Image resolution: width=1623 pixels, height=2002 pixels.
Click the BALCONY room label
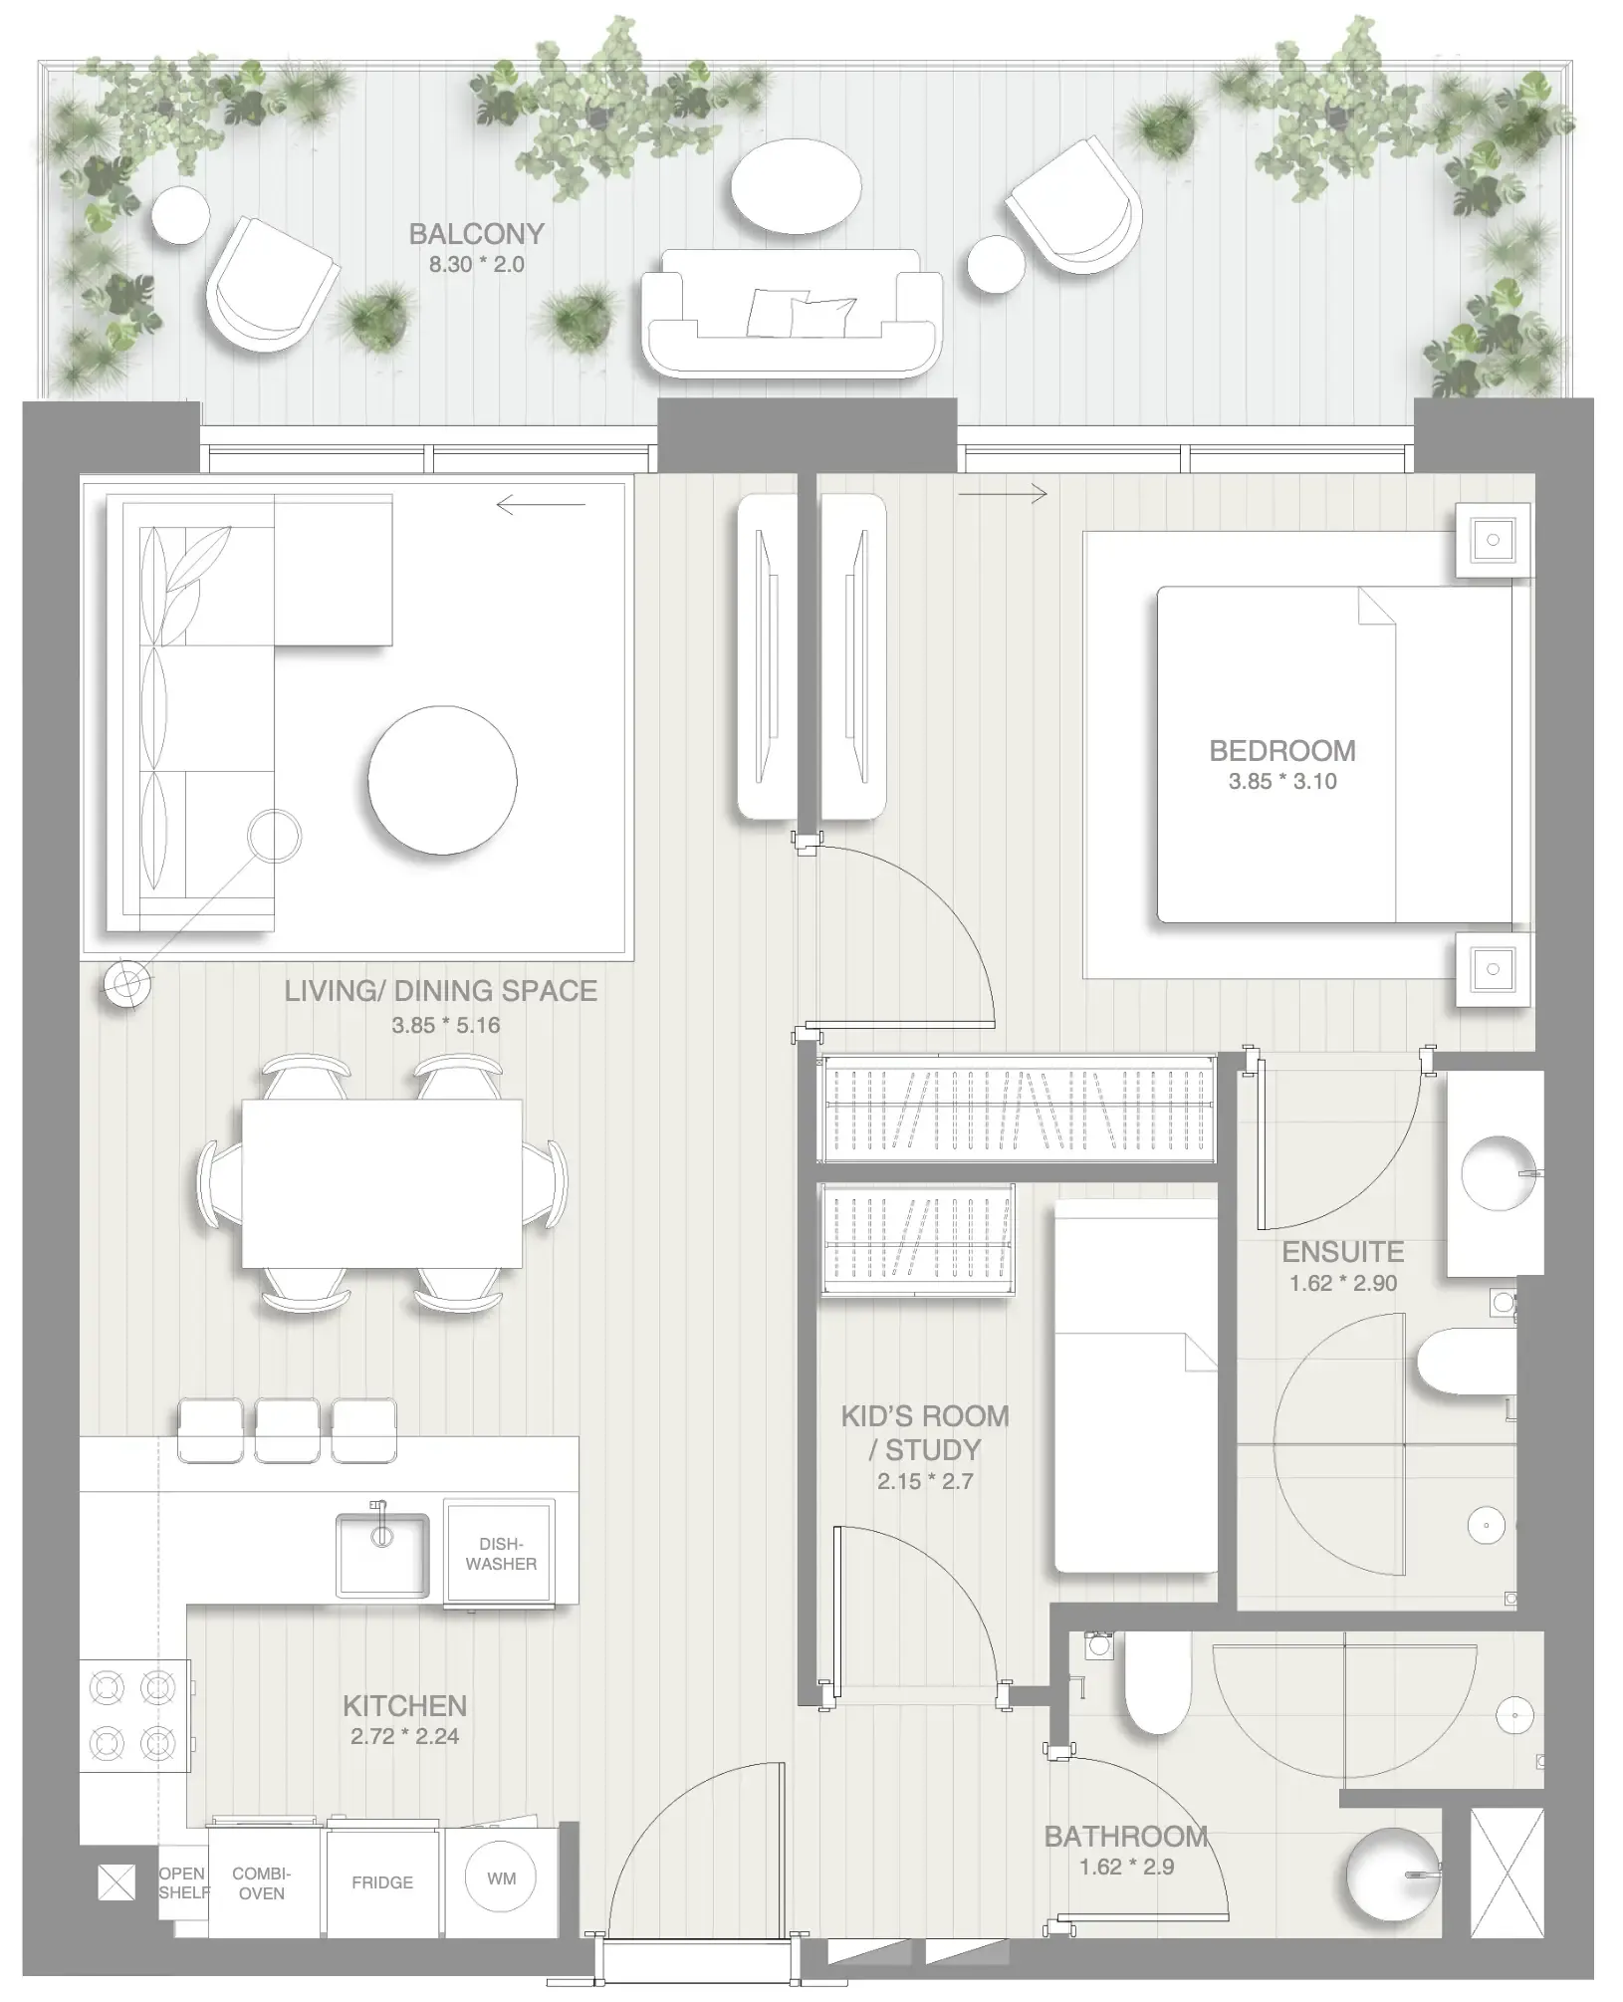(476, 234)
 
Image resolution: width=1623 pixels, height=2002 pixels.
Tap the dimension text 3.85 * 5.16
(445, 1025)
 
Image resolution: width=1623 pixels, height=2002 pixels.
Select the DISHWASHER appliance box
(501, 1554)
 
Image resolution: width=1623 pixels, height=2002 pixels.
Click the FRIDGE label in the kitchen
(381, 1882)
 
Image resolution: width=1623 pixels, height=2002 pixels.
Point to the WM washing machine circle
(501, 1878)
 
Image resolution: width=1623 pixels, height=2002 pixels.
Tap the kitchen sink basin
(381, 1556)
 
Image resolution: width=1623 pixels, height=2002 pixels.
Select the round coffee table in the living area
(442, 780)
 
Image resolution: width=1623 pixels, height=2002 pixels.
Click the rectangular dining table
(381, 1183)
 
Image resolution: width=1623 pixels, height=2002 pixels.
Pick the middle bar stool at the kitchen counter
(288, 1430)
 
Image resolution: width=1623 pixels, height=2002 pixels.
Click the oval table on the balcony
(796, 186)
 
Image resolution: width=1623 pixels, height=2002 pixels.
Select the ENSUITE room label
(1342, 1252)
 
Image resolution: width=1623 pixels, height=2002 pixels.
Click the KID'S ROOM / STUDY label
(925, 1432)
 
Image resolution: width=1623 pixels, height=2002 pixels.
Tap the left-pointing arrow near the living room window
(541, 505)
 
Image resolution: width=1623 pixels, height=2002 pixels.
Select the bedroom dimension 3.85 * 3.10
(1281, 782)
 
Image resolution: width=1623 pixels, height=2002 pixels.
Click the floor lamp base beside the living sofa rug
(127, 984)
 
